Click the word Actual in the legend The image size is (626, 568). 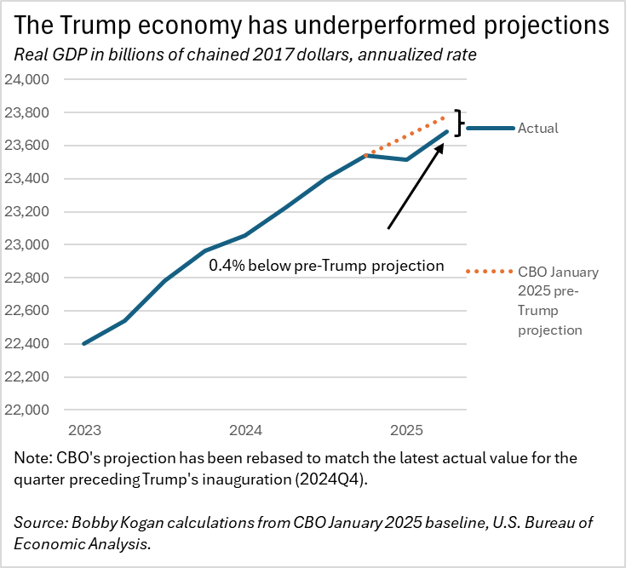click(x=538, y=129)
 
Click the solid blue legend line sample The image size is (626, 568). click(x=490, y=128)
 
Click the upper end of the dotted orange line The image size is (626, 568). click(x=445, y=118)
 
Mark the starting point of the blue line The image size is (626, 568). click(x=83, y=343)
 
